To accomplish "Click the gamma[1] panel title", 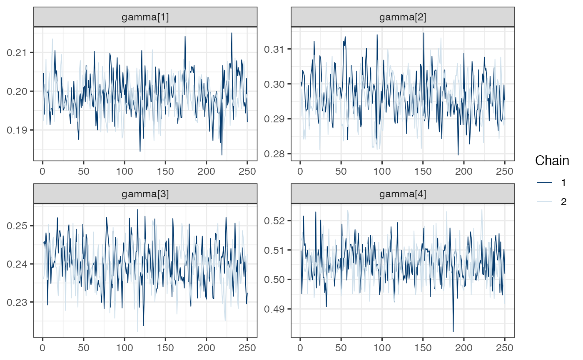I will point(145,17).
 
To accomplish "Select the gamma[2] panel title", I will point(403,17).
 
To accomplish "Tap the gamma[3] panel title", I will point(145,194).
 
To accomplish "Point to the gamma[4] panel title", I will point(403,194).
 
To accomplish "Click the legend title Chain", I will point(552,160).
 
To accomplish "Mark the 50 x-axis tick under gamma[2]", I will point(341,169).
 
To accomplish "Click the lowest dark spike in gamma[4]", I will point(453,331).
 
